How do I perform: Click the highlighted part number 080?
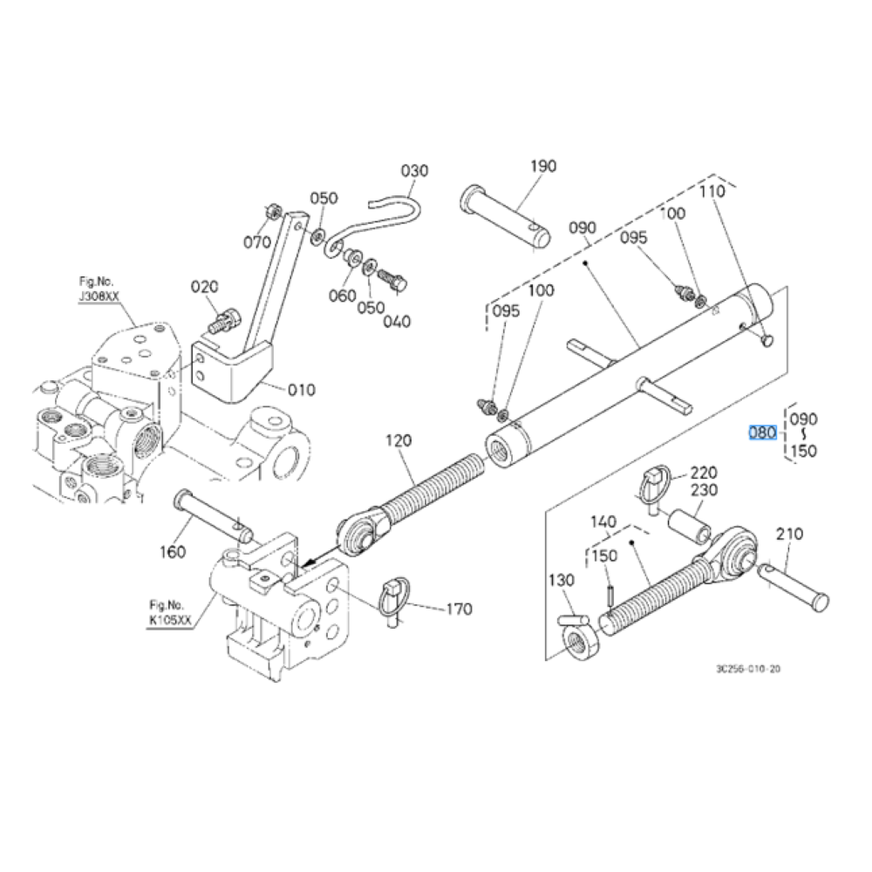tap(762, 433)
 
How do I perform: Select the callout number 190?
tap(542, 166)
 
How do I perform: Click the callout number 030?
tap(415, 170)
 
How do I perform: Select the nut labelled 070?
tap(272, 211)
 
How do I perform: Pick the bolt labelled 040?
tap(392, 279)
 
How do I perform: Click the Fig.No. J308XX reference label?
tap(99, 290)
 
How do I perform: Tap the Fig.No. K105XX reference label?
tap(170, 613)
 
